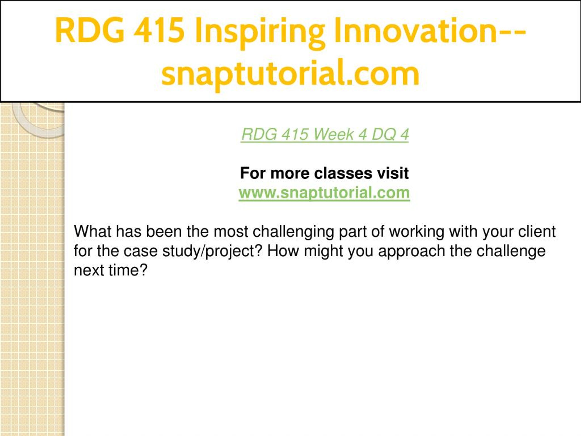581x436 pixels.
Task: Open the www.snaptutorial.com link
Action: tap(324, 193)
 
